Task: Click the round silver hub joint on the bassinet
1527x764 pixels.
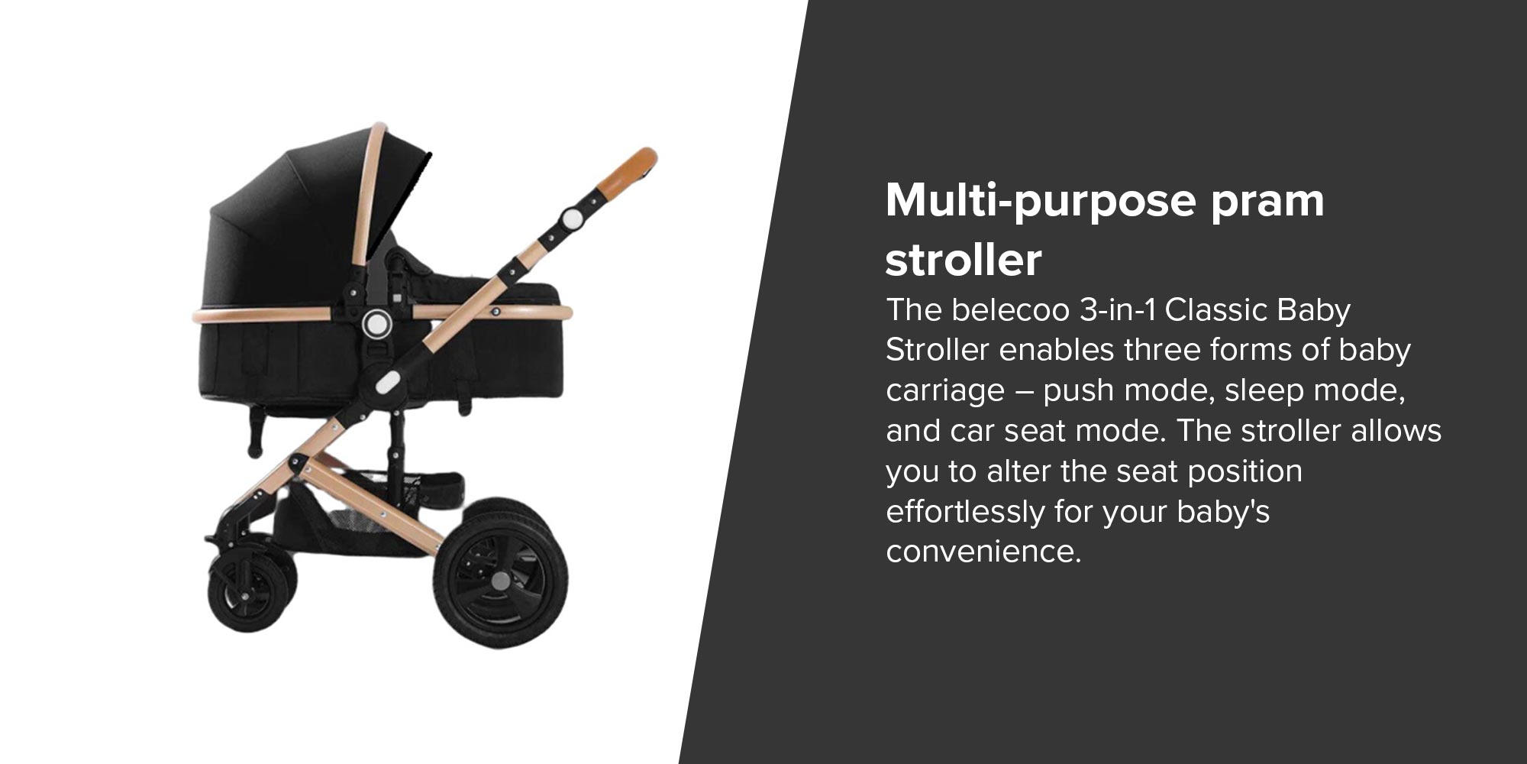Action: click(x=377, y=324)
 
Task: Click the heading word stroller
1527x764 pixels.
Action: click(x=964, y=260)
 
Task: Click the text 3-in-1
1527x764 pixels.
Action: click(x=1118, y=310)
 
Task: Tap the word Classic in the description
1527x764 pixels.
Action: click(x=1216, y=310)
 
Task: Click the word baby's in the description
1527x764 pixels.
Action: click(x=1223, y=512)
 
